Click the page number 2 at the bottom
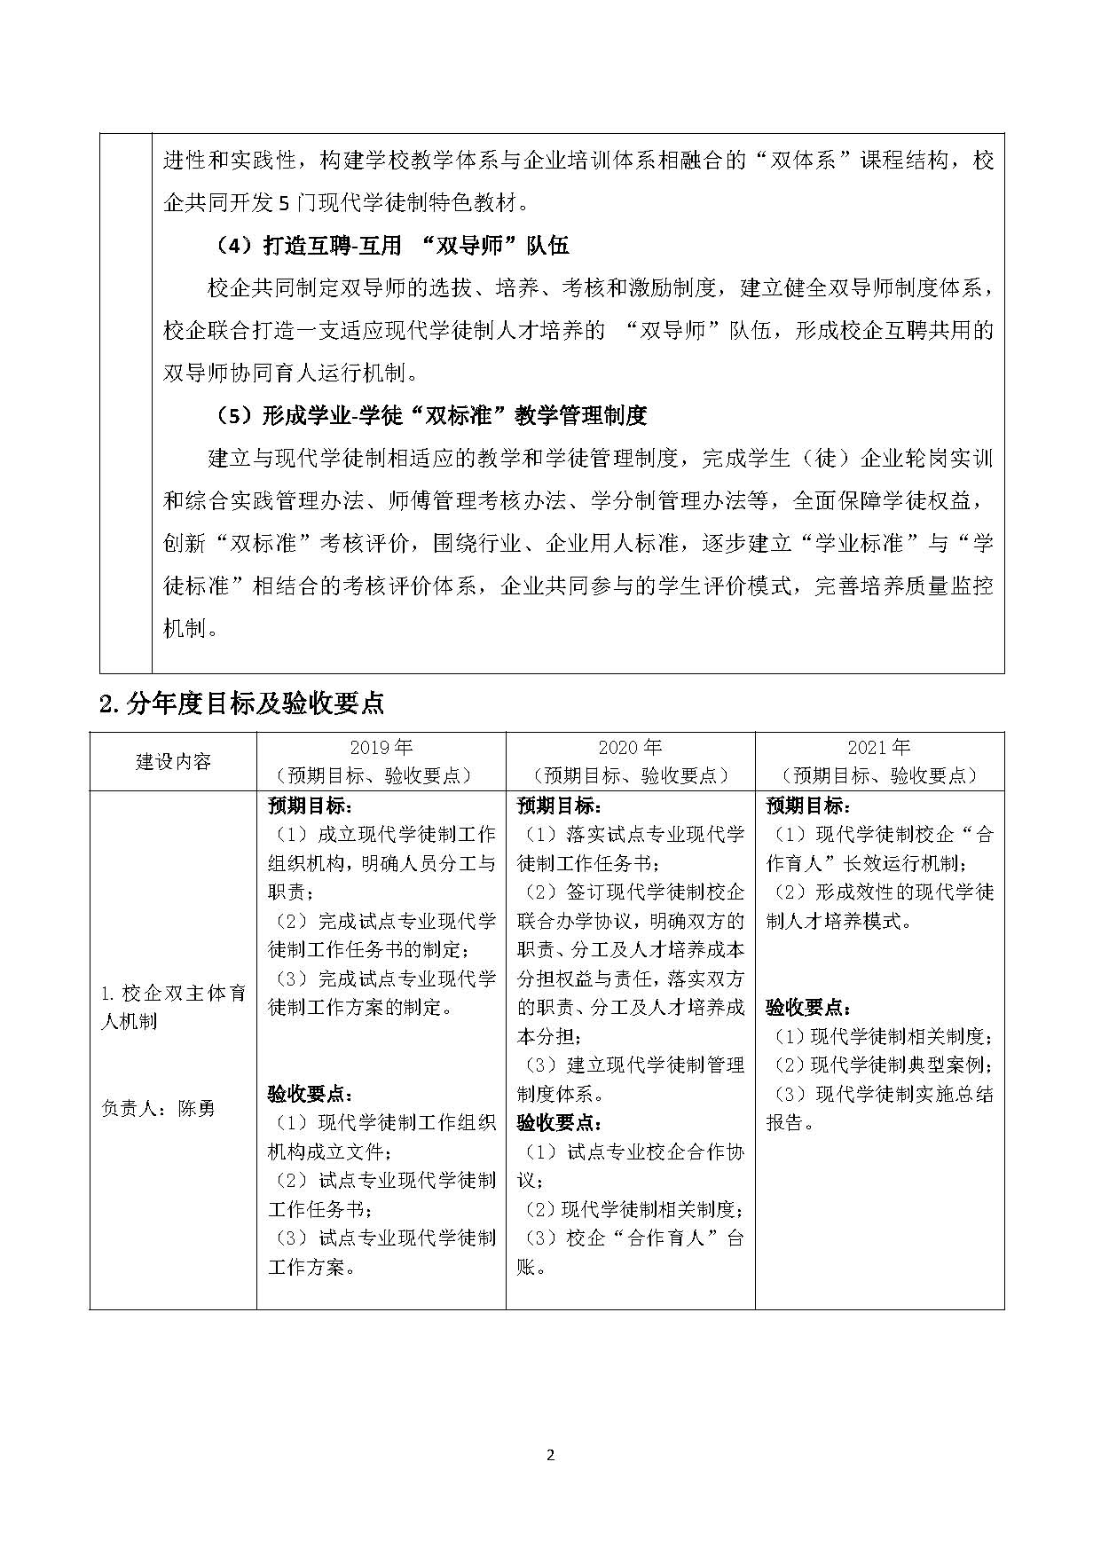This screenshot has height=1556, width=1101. pos(550,1455)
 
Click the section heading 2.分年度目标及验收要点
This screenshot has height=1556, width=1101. pos(241,703)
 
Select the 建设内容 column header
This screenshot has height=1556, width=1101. pos(173,761)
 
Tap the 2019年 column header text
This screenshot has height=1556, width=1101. pos(381,748)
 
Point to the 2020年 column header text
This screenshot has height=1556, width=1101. pos(630,748)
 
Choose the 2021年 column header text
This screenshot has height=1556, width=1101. pos(878,748)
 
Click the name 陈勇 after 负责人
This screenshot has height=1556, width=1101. pos(196,1108)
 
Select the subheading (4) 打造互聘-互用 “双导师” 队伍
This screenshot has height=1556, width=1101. pos(391,246)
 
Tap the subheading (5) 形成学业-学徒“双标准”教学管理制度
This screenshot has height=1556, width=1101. pos(431,415)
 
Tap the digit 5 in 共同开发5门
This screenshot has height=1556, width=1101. pos(284,204)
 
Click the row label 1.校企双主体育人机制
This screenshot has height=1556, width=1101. pos(173,1007)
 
